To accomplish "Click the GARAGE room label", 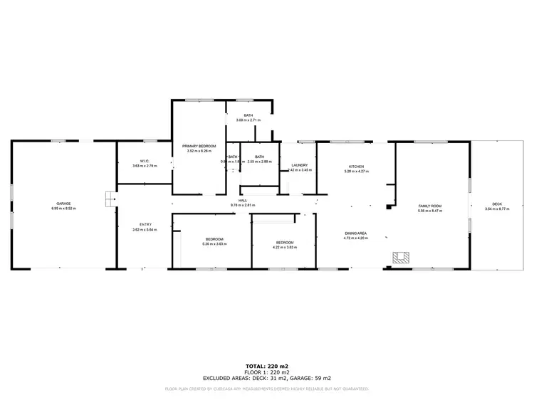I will pyautogui.click(x=63, y=204).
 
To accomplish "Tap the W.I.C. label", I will pyautogui.click(x=145, y=162).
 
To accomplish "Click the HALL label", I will pyautogui.click(x=243, y=201).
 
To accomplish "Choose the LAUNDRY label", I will pyautogui.click(x=299, y=165).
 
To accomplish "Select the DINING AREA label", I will pyautogui.click(x=356, y=233).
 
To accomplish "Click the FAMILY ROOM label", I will pyautogui.click(x=430, y=205).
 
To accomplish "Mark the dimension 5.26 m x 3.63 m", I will pyautogui.click(x=214, y=244).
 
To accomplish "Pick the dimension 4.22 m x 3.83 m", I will pyautogui.click(x=285, y=246).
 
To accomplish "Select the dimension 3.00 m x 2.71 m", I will pyautogui.click(x=248, y=120).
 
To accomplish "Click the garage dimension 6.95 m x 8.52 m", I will pyautogui.click(x=63, y=209).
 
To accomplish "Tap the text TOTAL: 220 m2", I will pyautogui.click(x=266, y=365).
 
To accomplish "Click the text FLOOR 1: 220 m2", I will pyautogui.click(x=266, y=372).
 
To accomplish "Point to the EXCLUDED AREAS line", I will pyautogui.click(x=266, y=378).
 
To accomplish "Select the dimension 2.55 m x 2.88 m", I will pyautogui.click(x=260, y=162).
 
